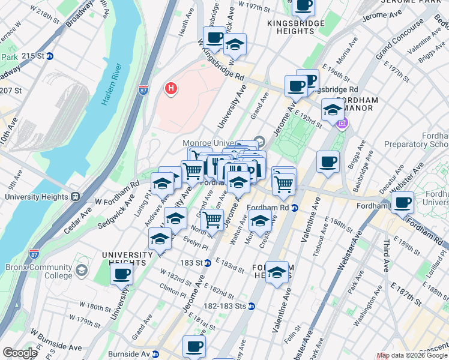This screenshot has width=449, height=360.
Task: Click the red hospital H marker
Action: point(171,89)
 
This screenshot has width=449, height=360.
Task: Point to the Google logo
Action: point(20,352)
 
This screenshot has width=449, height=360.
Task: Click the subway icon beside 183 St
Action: point(207,263)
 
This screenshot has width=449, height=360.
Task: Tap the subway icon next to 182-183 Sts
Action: point(252,306)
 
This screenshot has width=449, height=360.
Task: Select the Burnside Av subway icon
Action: point(155,353)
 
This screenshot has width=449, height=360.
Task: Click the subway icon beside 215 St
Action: point(50,56)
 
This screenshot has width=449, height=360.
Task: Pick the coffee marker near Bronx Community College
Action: point(122,274)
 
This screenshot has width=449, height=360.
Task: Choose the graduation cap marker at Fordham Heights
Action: point(277,273)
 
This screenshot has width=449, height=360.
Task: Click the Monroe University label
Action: point(216,143)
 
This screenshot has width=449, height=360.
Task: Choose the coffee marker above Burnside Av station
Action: point(194,346)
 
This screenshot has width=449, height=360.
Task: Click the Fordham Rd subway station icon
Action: point(295,208)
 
